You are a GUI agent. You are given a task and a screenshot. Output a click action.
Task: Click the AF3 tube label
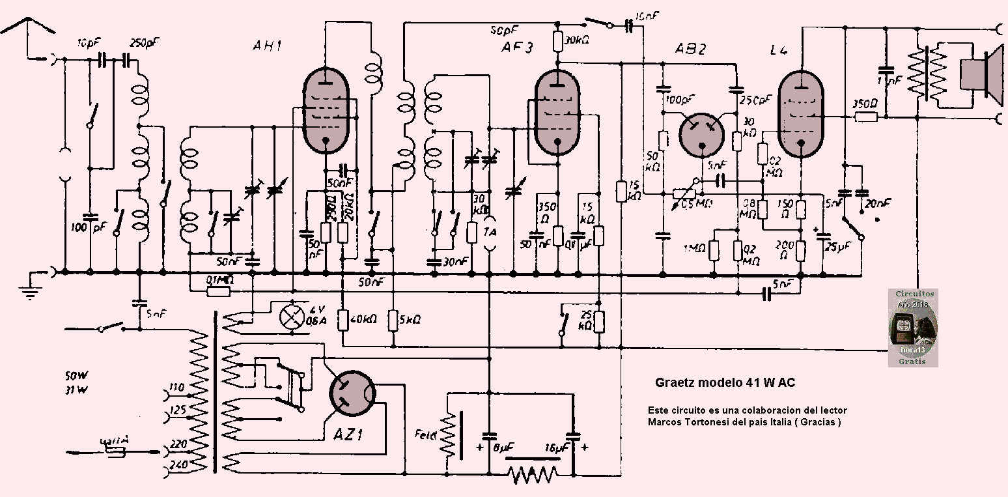pos(518,48)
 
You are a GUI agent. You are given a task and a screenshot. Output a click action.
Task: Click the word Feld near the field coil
pos(427,433)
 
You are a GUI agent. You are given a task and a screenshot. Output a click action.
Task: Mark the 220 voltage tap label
pos(175,444)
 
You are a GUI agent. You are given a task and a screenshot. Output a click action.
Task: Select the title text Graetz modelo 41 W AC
pos(723,383)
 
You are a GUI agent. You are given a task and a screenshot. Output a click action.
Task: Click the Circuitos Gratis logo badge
pos(914,328)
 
